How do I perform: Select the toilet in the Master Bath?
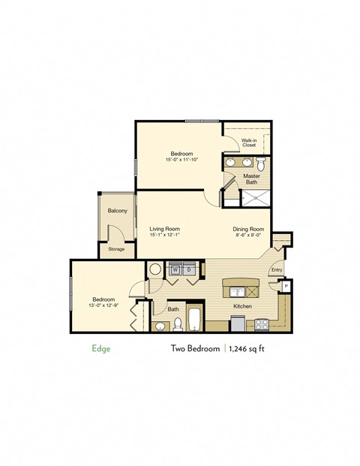[261, 163]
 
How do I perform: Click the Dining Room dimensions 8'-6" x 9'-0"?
[247, 236]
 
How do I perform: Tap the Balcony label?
[117, 211]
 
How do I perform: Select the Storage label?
[116, 248]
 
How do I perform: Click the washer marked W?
[176, 269]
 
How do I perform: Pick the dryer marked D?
[190, 269]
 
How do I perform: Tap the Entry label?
[276, 270]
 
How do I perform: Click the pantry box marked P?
[285, 285]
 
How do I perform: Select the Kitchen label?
[242, 307]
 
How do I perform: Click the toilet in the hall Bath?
[178, 324]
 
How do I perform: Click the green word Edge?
[100, 349]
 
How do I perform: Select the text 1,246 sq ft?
[253, 349]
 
